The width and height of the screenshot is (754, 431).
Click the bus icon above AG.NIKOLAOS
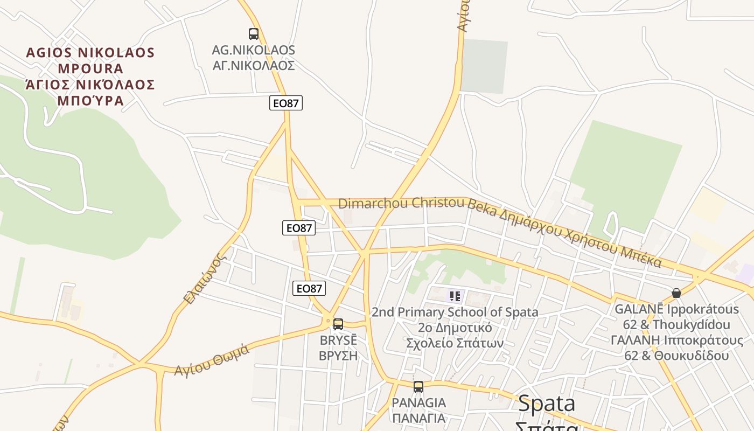pos(254,34)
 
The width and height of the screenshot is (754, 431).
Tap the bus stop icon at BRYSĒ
pos(338,324)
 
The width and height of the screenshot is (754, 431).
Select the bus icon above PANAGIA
pos(418,386)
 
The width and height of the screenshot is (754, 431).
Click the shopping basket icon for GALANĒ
pos(676,293)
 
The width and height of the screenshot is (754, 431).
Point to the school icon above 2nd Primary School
pos(455,296)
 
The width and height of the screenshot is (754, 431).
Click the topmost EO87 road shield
pos(286,103)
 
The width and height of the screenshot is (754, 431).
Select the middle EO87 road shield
pos(299,228)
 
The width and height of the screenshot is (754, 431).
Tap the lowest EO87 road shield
pos(310,288)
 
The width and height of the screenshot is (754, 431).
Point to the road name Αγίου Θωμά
pos(212,360)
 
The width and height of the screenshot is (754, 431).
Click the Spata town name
pos(547,404)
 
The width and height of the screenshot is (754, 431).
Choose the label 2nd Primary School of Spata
pos(455,312)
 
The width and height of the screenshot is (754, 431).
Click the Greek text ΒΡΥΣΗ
pos(338,356)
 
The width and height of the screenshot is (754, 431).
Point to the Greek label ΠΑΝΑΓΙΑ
pos(418,418)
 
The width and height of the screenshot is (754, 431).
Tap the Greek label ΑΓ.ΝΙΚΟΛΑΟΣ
pos(254,66)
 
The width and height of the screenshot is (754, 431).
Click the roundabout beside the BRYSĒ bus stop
pos(327,321)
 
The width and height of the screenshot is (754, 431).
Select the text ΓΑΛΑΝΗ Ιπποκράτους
pos(676,340)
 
